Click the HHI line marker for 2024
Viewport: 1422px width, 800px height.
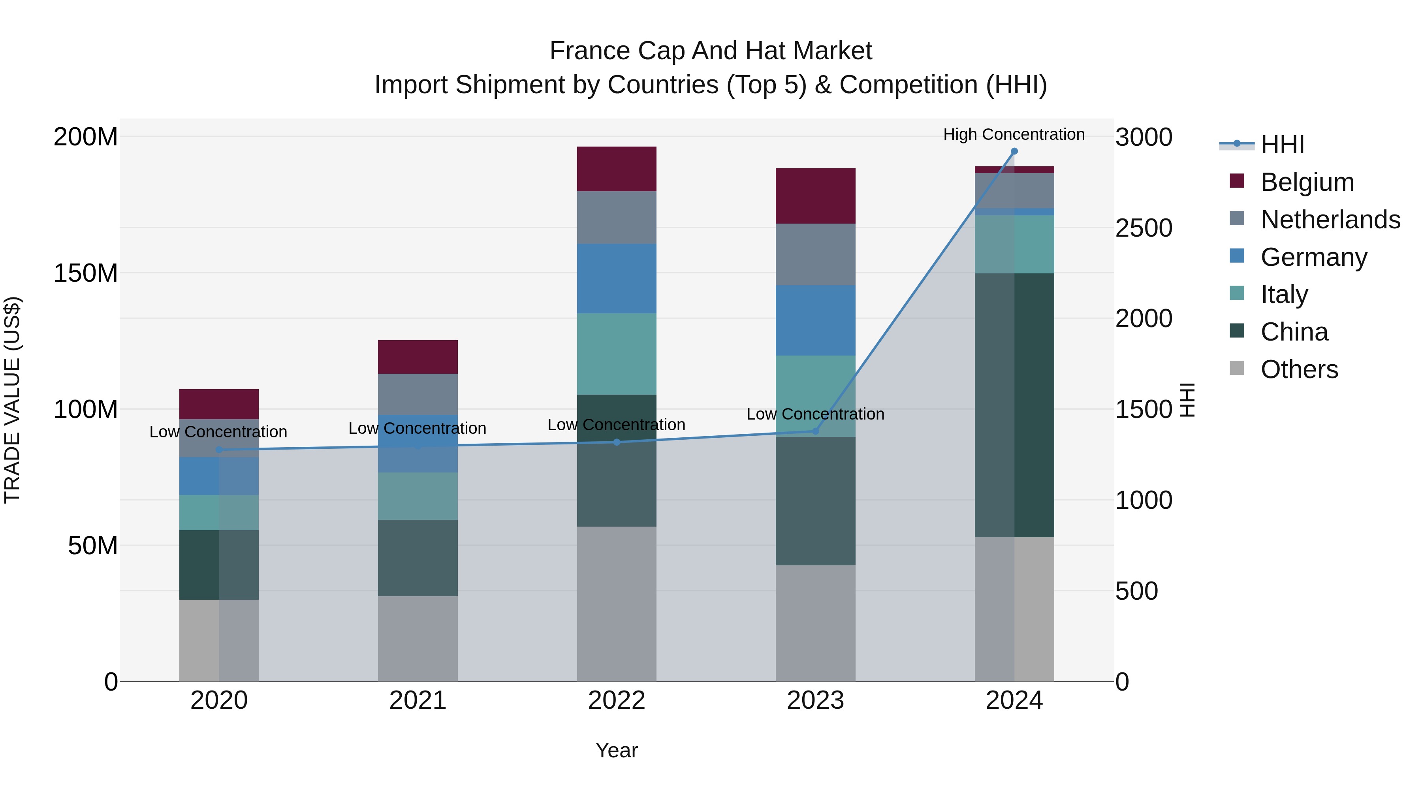click(1014, 151)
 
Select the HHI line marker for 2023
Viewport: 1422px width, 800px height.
click(815, 431)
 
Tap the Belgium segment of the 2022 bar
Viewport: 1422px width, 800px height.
click(617, 169)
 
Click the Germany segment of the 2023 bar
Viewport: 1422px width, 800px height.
click(815, 320)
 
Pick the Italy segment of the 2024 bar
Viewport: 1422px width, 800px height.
click(1014, 244)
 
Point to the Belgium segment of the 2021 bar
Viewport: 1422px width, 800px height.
click(418, 357)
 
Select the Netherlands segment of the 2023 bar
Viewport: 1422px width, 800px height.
click(815, 254)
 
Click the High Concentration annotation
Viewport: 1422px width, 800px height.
click(1014, 134)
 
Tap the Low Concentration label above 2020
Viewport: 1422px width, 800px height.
click(218, 432)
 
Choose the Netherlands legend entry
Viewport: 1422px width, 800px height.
click(1330, 220)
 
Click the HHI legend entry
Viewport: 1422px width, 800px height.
click(1282, 145)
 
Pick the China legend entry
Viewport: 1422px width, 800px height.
click(1294, 332)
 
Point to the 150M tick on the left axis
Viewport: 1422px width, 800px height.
click(86, 273)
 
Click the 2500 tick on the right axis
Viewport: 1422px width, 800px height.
click(1144, 228)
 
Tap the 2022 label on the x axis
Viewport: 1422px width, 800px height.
click(617, 700)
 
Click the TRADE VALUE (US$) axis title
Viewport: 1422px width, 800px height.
click(12, 400)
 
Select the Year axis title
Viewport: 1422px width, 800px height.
click(617, 750)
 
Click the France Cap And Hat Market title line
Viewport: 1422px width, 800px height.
click(711, 51)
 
